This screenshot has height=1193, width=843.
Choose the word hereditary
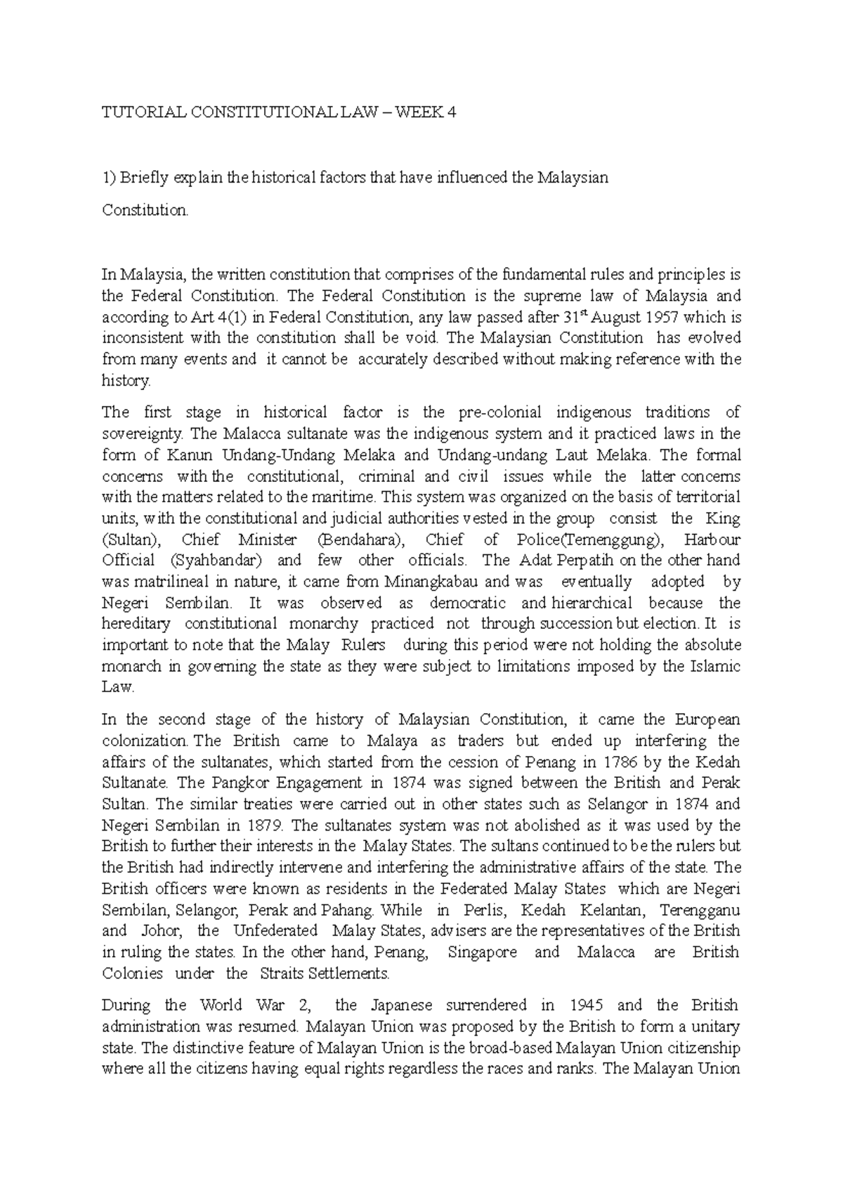[x=136, y=624]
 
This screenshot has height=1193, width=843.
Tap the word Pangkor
[x=237, y=783]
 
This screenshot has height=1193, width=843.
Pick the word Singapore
[x=482, y=953]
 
